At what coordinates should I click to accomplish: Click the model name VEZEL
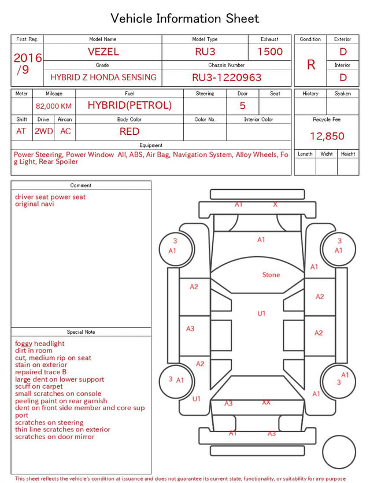(x=103, y=51)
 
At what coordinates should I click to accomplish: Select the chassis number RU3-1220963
(x=227, y=78)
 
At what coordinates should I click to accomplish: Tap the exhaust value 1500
(x=270, y=51)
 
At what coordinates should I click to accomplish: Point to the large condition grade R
(x=311, y=65)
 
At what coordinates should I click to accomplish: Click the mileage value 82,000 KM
(x=54, y=106)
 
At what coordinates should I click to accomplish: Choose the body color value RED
(x=129, y=131)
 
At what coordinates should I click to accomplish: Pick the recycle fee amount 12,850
(x=327, y=136)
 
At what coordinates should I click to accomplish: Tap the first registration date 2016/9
(x=27, y=64)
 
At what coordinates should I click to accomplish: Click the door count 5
(x=243, y=106)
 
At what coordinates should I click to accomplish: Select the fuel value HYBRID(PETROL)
(x=129, y=105)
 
